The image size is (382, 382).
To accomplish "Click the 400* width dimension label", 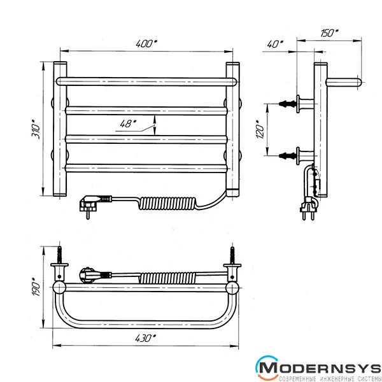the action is [146, 43].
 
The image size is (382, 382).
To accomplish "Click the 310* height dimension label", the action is [36, 129].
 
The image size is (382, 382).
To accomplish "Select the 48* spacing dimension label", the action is [128, 124].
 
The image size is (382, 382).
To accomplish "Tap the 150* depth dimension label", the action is [329, 33].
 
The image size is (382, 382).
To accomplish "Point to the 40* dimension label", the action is [275, 44].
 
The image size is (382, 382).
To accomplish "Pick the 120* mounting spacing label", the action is [260, 129].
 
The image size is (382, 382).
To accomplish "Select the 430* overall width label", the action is [146, 338].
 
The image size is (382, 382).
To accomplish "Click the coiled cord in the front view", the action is [168, 204].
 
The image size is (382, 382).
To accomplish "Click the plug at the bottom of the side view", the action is [308, 208].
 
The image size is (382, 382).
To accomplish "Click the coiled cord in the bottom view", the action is [167, 278].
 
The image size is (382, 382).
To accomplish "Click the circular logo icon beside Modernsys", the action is [267, 367].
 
